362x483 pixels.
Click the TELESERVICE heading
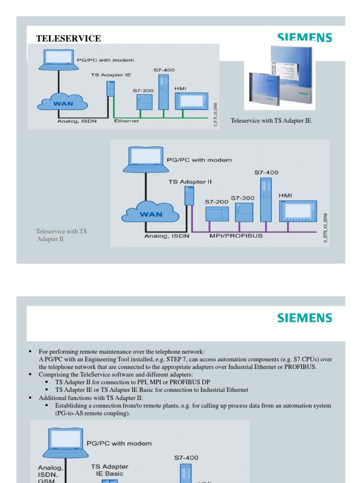tap(68, 39)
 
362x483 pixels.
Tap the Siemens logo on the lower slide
tap(304, 317)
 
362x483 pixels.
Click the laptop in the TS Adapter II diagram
tap(143, 159)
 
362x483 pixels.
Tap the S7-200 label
tap(216, 201)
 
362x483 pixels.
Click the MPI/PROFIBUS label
tap(236, 236)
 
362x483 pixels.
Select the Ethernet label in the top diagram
tap(126, 121)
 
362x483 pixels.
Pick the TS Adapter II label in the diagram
tap(190, 182)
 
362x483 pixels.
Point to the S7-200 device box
tap(217, 214)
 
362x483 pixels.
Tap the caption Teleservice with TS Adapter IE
tap(271, 121)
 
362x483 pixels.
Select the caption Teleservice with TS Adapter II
tap(61, 235)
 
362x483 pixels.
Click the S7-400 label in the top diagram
tap(164, 70)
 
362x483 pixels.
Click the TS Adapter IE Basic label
tap(109, 470)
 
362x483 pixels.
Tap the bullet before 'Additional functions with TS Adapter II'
tap(29, 398)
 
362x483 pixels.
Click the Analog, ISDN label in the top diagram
tap(74, 121)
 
